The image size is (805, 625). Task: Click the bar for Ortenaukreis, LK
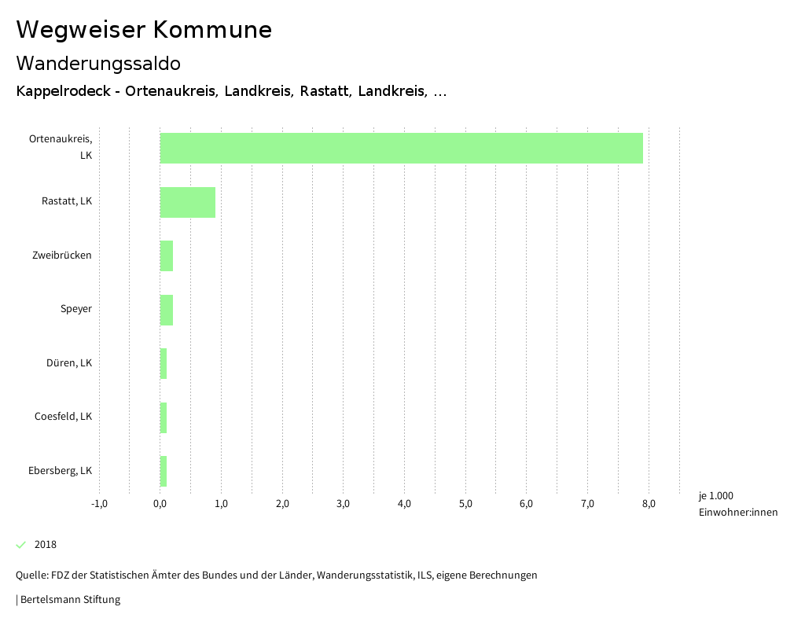[x=401, y=148]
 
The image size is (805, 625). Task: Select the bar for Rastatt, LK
[x=187, y=202]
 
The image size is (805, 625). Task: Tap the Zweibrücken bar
[x=166, y=256]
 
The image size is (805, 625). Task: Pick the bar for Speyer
[x=166, y=309]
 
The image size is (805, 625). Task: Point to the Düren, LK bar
[x=164, y=363]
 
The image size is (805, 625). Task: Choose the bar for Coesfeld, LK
[x=164, y=417]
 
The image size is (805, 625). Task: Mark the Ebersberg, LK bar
[x=164, y=471]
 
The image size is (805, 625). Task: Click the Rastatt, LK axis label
[x=67, y=201]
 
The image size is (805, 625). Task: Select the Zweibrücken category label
[x=62, y=256]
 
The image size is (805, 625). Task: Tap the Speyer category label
[x=76, y=309]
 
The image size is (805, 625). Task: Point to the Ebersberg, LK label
[x=61, y=471]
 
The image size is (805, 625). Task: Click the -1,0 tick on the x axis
[x=99, y=504]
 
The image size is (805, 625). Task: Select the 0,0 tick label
[x=160, y=504]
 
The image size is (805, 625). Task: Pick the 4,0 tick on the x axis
[x=404, y=504]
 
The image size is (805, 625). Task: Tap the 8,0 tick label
[x=649, y=504]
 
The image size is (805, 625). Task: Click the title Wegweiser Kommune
[x=144, y=29]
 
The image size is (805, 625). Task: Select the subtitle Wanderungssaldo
[x=98, y=63]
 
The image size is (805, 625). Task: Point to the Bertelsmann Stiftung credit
[x=68, y=600]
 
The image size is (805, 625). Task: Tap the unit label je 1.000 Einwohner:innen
[x=737, y=504]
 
